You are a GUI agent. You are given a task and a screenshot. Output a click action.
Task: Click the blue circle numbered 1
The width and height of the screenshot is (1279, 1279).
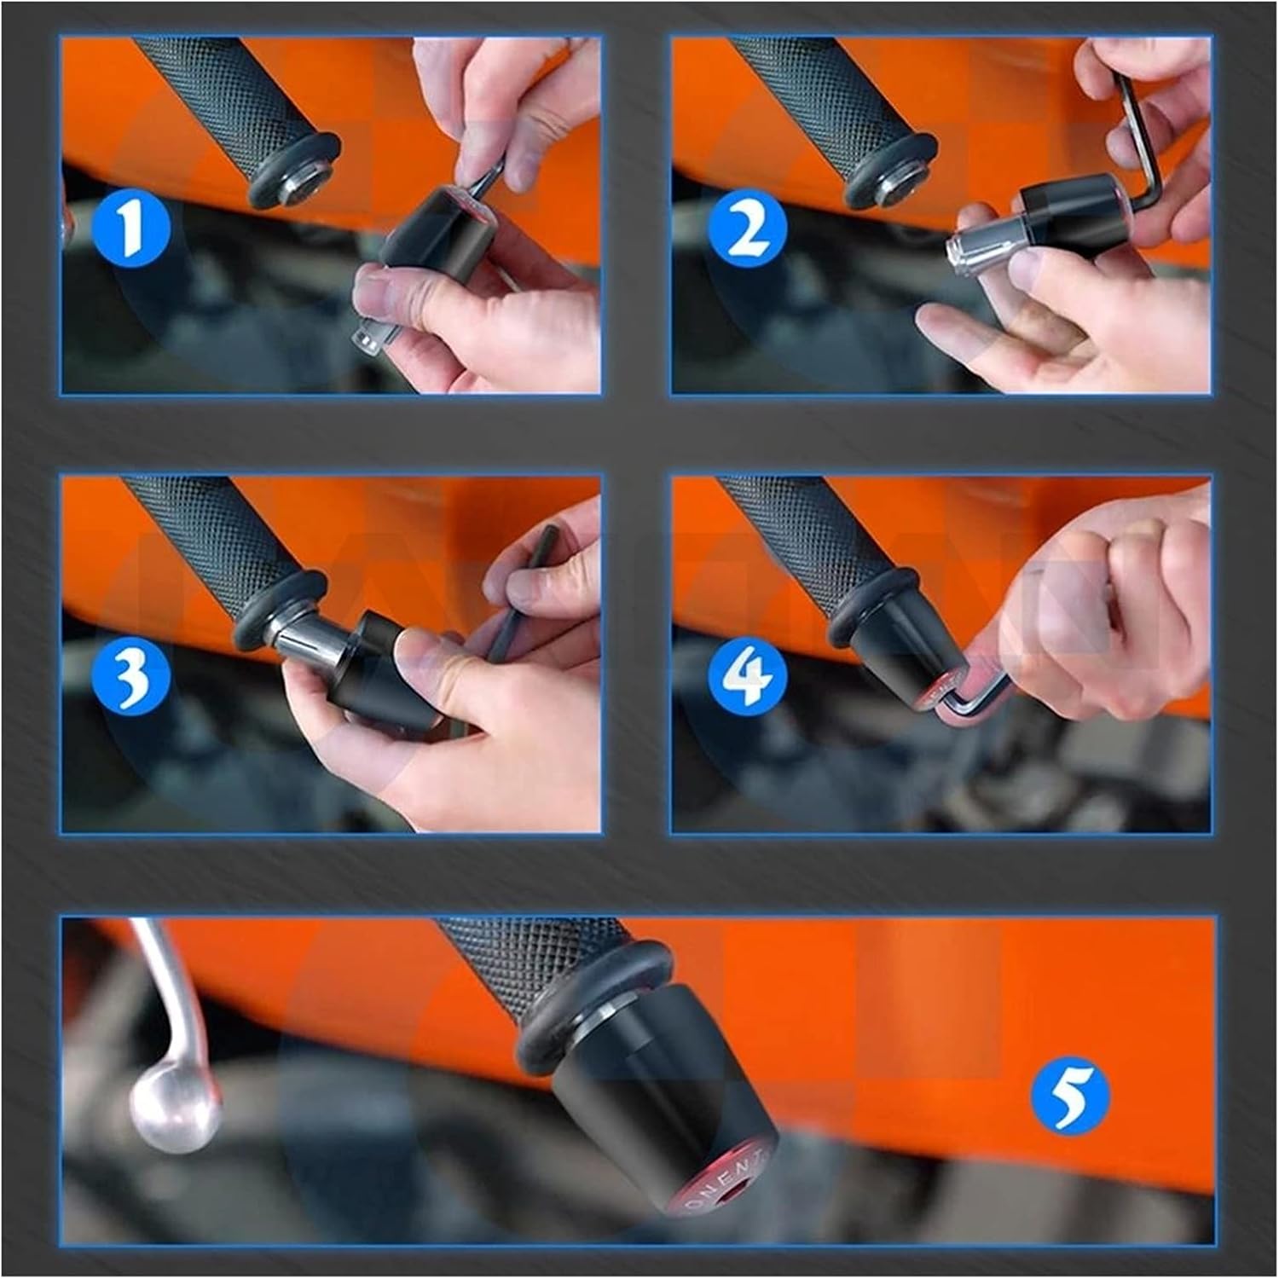point(130,227)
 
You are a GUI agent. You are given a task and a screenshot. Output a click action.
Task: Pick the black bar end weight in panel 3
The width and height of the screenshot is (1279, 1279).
point(367,665)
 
